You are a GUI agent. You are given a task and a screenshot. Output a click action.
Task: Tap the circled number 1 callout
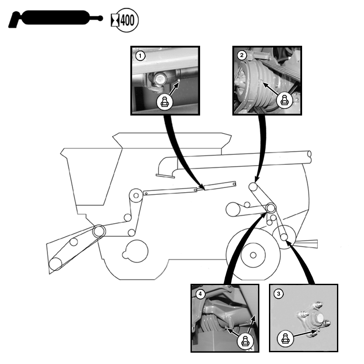coord(140,55)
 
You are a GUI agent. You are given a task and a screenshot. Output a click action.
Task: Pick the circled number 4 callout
coord(200,294)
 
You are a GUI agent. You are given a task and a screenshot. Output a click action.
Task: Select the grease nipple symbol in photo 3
coord(285,337)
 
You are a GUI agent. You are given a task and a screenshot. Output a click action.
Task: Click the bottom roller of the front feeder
coord(55,264)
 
